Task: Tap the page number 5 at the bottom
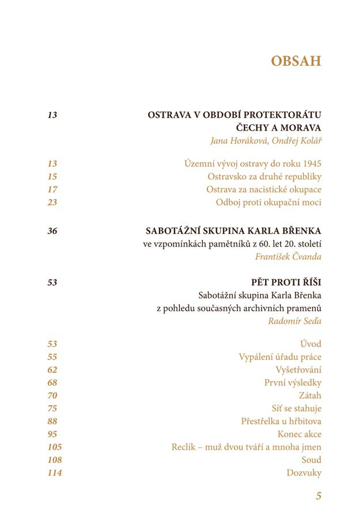[x=318, y=495]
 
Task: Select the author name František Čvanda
[x=288, y=256]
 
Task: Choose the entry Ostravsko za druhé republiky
[x=264, y=177]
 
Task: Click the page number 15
[x=52, y=177]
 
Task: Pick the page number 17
[x=52, y=189]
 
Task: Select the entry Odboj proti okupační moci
[x=269, y=202]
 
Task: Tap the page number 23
[x=52, y=202]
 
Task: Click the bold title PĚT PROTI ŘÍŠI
[x=286, y=282]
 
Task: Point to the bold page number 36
[x=52, y=231]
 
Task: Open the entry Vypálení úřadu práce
[x=280, y=357]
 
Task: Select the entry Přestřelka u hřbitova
[x=281, y=421]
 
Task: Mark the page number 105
[x=55, y=447]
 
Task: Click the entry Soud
[x=311, y=460]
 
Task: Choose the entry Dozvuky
[x=304, y=473]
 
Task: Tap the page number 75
[x=52, y=408]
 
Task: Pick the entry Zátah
[x=310, y=395]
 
